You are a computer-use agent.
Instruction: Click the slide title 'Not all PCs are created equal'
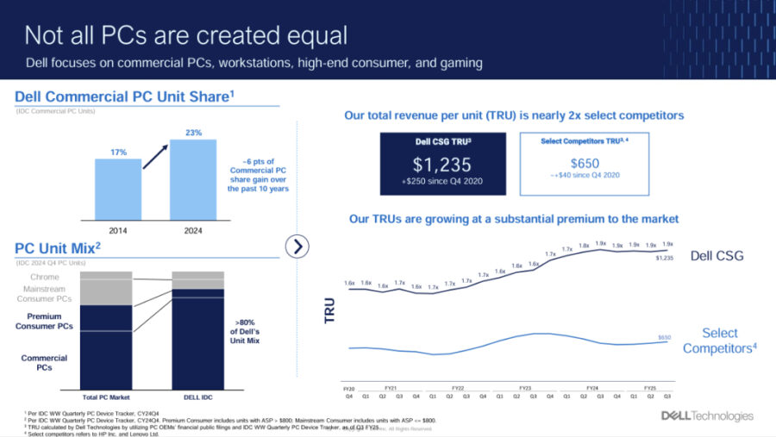(185, 34)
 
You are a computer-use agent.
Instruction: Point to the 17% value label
(118, 152)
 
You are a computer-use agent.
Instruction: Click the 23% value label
(193, 133)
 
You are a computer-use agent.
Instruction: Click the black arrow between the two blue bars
(155, 159)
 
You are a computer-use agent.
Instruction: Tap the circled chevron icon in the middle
(297, 247)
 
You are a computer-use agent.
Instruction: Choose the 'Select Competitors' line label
(719, 340)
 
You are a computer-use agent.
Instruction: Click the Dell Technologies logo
(707, 415)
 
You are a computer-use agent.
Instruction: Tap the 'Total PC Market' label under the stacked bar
(106, 397)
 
